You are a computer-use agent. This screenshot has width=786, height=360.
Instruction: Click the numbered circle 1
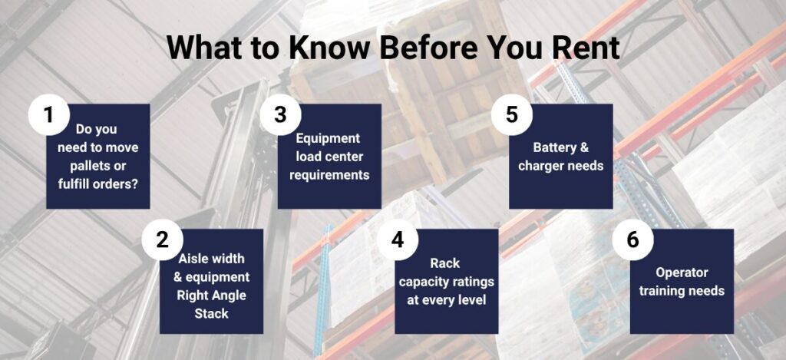[x=48, y=114]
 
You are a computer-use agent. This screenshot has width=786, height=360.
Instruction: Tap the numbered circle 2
[x=162, y=239]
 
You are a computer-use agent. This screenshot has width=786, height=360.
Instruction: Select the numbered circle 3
[x=280, y=114]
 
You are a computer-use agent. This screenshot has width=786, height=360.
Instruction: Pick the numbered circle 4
[x=398, y=239]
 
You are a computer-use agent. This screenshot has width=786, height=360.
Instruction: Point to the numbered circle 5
[x=511, y=114]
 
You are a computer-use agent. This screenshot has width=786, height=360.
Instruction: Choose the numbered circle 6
[x=633, y=239]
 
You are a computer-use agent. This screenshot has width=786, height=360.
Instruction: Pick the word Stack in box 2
[x=212, y=314]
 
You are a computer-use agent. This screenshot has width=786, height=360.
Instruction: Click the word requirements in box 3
[x=329, y=175]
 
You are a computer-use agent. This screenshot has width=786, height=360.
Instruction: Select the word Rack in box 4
[x=445, y=263]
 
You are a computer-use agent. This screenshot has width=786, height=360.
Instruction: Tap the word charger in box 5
[x=538, y=166]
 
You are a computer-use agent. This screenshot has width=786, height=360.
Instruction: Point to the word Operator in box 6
[x=682, y=272]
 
